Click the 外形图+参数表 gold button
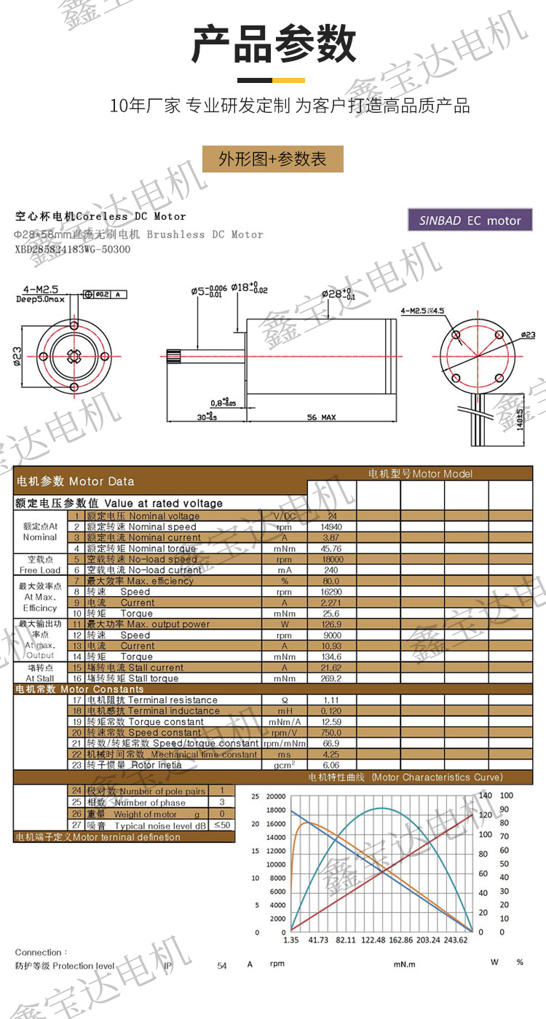click(x=273, y=159)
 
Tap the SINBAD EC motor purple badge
click(x=470, y=221)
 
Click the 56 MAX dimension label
click(x=321, y=418)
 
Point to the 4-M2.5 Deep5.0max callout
click(x=41, y=293)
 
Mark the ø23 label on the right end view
click(x=528, y=334)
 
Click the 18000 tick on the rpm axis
click(x=275, y=810)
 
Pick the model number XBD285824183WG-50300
click(x=73, y=249)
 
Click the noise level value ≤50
click(x=223, y=825)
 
